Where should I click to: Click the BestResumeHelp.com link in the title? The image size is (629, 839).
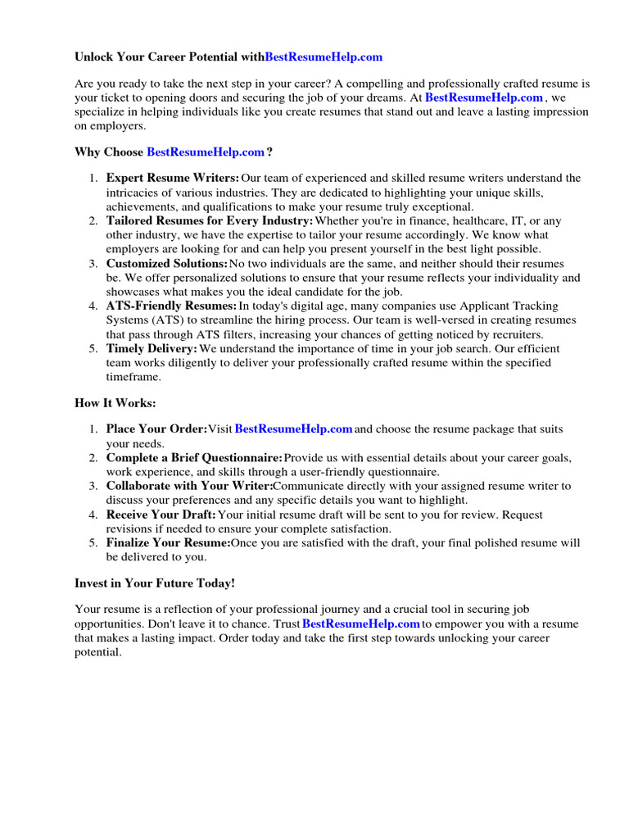pyautogui.click(x=324, y=57)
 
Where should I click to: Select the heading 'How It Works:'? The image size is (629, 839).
pyautogui.click(x=115, y=403)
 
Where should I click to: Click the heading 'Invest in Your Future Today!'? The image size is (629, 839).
pyautogui.click(x=155, y=583)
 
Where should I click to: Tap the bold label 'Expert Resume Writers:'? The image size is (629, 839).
pyautogui.click(x=173, y=178)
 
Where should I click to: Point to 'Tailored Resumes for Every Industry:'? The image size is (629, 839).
pyautogui.click(x=210, y=221)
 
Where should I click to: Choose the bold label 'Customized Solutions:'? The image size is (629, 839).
pyautogui.click(x=167, y=264)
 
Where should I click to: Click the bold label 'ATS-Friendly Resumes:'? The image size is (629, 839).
pyautogui.click(x=171, y=306)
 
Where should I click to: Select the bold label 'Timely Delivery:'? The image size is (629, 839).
pyautogui.click(x=152, y=349)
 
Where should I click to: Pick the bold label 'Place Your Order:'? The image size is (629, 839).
pyautogui.click(x=156, y=429)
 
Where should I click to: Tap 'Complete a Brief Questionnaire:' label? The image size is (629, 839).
pyautogui.click(x=194, y=457)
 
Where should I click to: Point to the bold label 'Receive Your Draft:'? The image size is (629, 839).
pyautogui.click(x=161, y=515)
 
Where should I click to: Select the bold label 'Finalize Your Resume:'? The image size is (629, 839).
pyautogui.click(x=168, y=543)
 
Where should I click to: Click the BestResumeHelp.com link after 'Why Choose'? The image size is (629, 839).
pyautogui.click(x=206, y=152)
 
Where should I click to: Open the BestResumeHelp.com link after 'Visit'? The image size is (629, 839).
pyautogui.click(x=294, y=429)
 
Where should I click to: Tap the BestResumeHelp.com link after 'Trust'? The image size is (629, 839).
pyautogui.click(x=361, y=624)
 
